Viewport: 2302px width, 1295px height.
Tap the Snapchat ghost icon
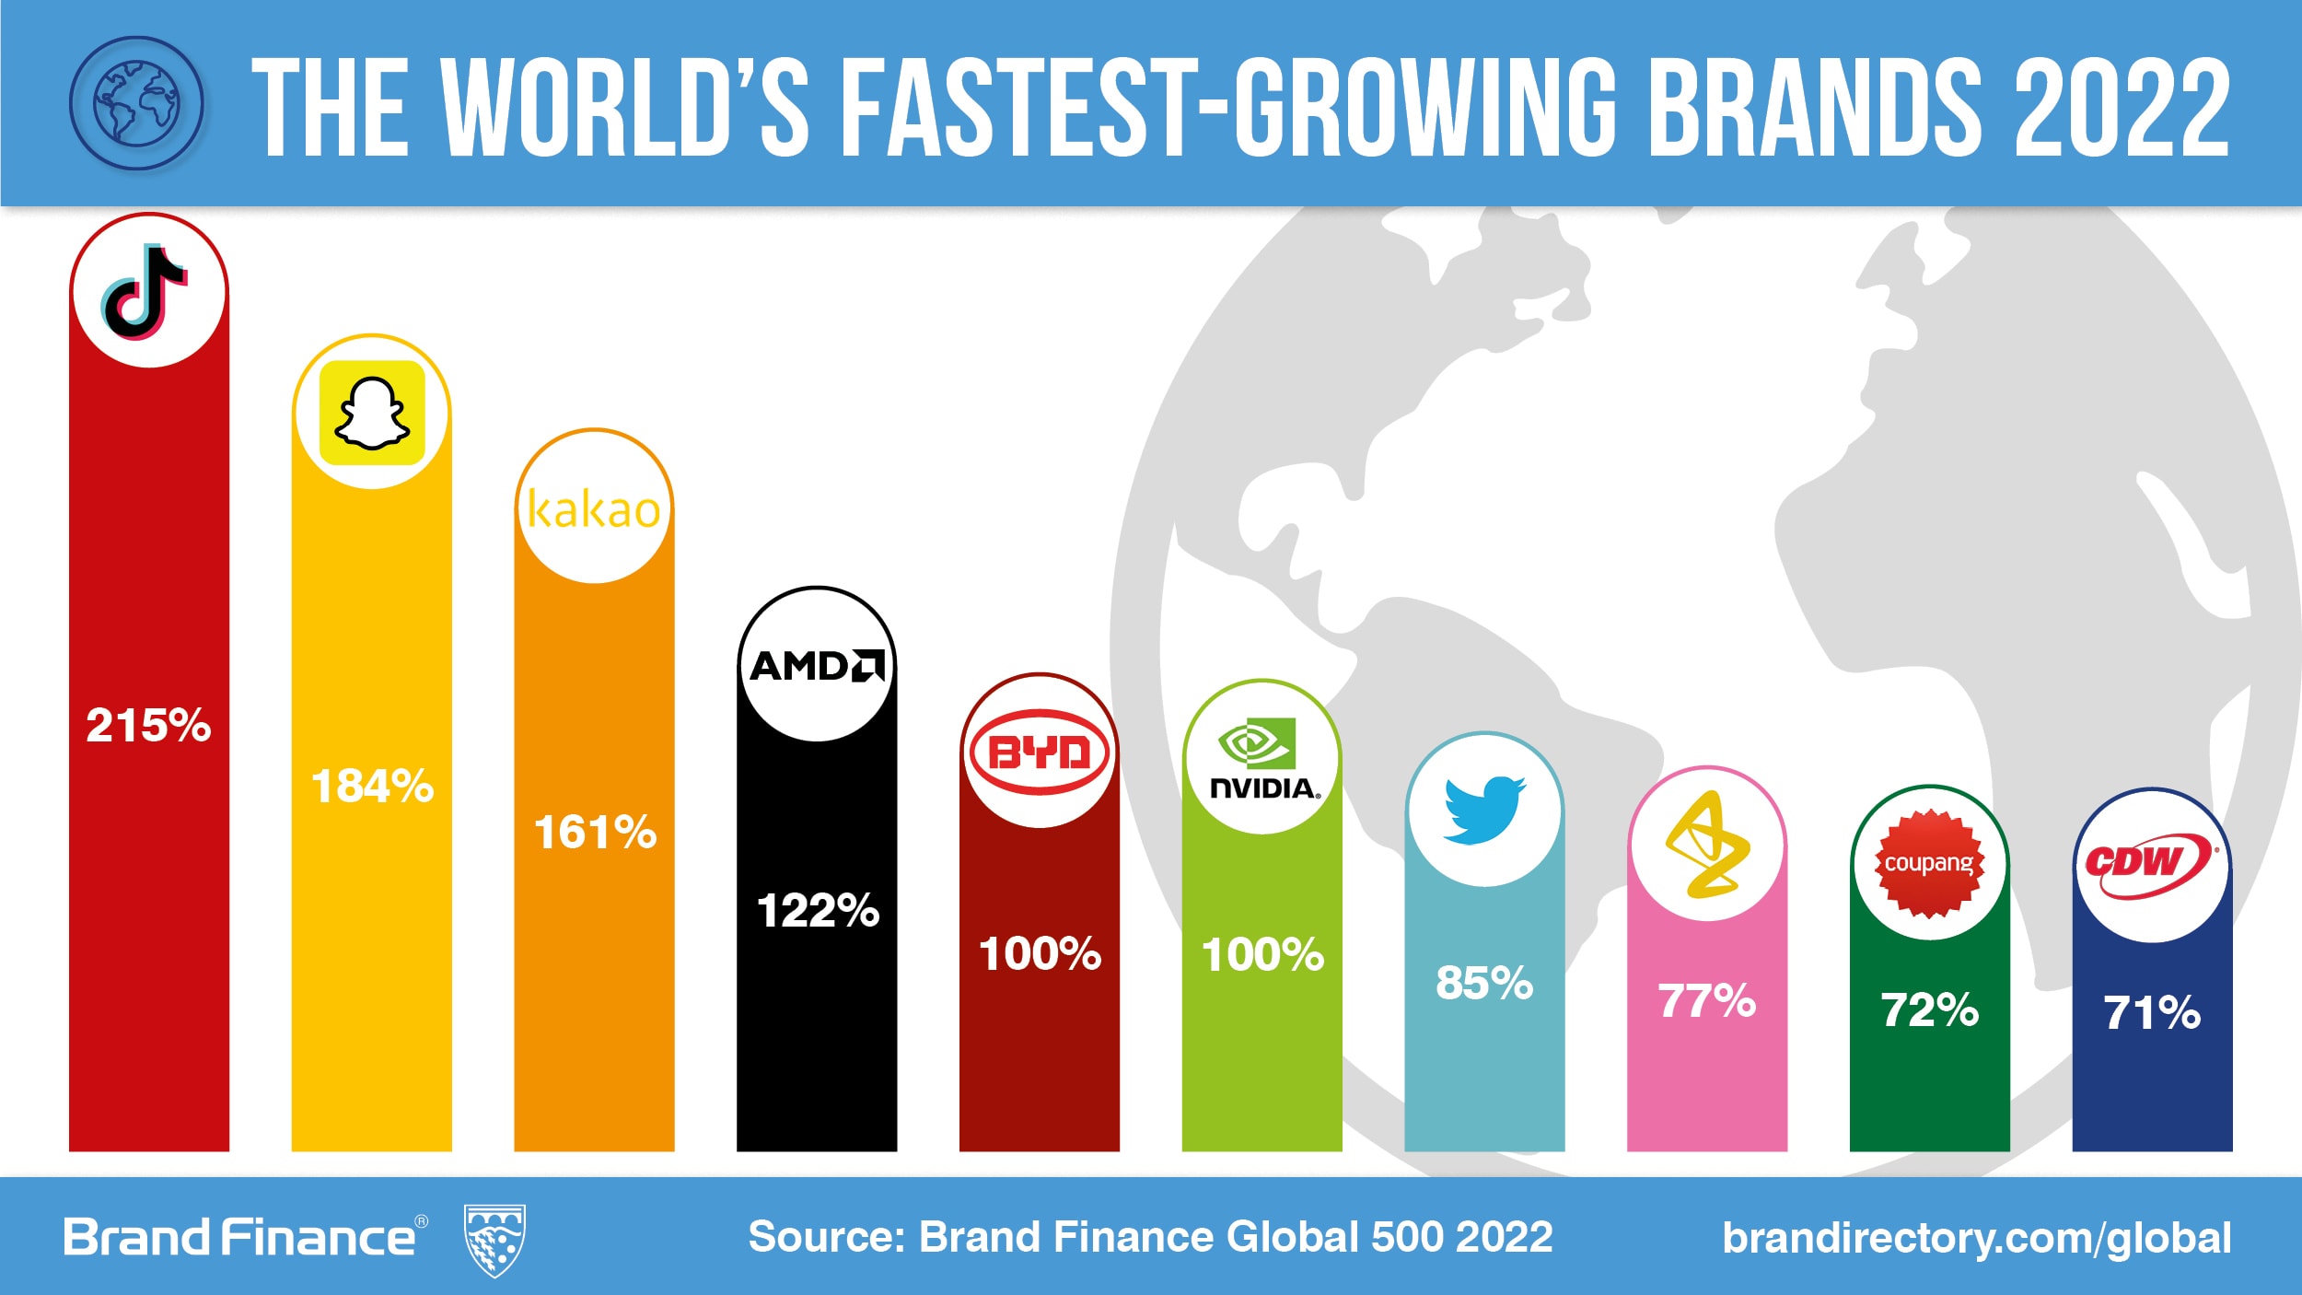tap(372, 413)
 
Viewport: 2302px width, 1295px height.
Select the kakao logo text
tap(594, 509)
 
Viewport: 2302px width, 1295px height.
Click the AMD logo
tap(817, 665)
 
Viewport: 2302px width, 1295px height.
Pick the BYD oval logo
tap(1040, 752)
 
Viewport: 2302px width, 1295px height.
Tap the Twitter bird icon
tap(1483, 810)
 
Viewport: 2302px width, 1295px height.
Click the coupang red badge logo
tap(1929, 863)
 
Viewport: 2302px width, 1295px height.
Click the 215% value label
tap(148, 726)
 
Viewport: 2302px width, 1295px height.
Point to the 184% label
tap(372, 787)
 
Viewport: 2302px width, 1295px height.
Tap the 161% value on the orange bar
tap(595, 833)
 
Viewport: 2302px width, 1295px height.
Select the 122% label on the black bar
tap(818, 911)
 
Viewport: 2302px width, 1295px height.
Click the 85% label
tap(1484, 983)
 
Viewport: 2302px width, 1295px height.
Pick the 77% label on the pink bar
tap(1707, 1001)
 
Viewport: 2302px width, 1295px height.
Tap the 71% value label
tap(2152, 1013)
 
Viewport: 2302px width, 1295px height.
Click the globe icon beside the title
tap(136, 103)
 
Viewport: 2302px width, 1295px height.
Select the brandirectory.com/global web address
tap(1976, 1238)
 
